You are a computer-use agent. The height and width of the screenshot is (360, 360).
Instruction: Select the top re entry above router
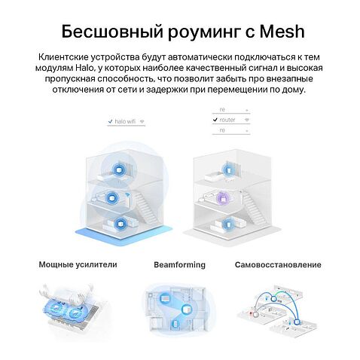(x=222, y=109)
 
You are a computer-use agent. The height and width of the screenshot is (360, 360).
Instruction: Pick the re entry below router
(x=222, y=130)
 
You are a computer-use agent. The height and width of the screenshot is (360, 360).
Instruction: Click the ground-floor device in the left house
(x=121, y=223)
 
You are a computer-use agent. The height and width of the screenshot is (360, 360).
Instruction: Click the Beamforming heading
(x=179, y=264)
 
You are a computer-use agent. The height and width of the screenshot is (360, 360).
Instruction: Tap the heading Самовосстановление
(x=278, y=264)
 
